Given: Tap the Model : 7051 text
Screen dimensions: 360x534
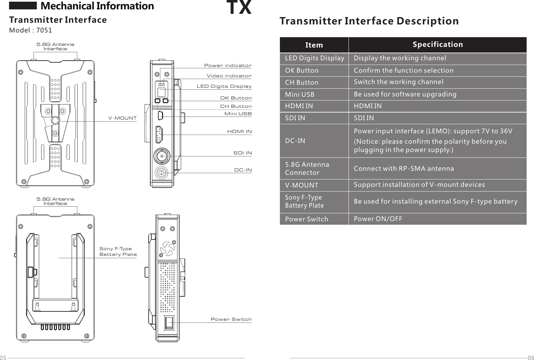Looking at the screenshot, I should click(30, 30).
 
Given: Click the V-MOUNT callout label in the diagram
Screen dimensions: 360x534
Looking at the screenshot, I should click(123, 118).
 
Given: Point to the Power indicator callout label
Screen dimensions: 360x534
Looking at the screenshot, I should click(228, 65).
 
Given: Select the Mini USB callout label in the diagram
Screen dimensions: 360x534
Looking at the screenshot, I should click(238, 114).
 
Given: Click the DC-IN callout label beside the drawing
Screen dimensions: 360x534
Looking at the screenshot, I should click(243, 170).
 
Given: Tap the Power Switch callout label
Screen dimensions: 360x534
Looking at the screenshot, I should click(231, 319).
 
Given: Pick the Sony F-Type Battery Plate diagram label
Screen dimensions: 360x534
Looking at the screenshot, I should click(118, 251).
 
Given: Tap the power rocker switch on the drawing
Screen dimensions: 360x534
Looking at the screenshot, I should click(169, 323).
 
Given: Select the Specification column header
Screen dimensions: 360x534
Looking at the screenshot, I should click(438, 45).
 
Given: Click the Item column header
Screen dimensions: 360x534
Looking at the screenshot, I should click(314, 45).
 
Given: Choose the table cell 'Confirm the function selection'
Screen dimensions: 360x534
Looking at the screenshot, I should click(403, 70).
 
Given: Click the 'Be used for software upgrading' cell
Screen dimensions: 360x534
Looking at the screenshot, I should click(405, 94).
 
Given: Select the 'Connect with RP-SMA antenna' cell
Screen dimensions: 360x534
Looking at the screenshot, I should click(404, 168).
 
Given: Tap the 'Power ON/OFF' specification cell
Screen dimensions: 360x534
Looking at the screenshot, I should click(378, 219).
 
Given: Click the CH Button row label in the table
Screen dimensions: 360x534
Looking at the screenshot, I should click(302, 82).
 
